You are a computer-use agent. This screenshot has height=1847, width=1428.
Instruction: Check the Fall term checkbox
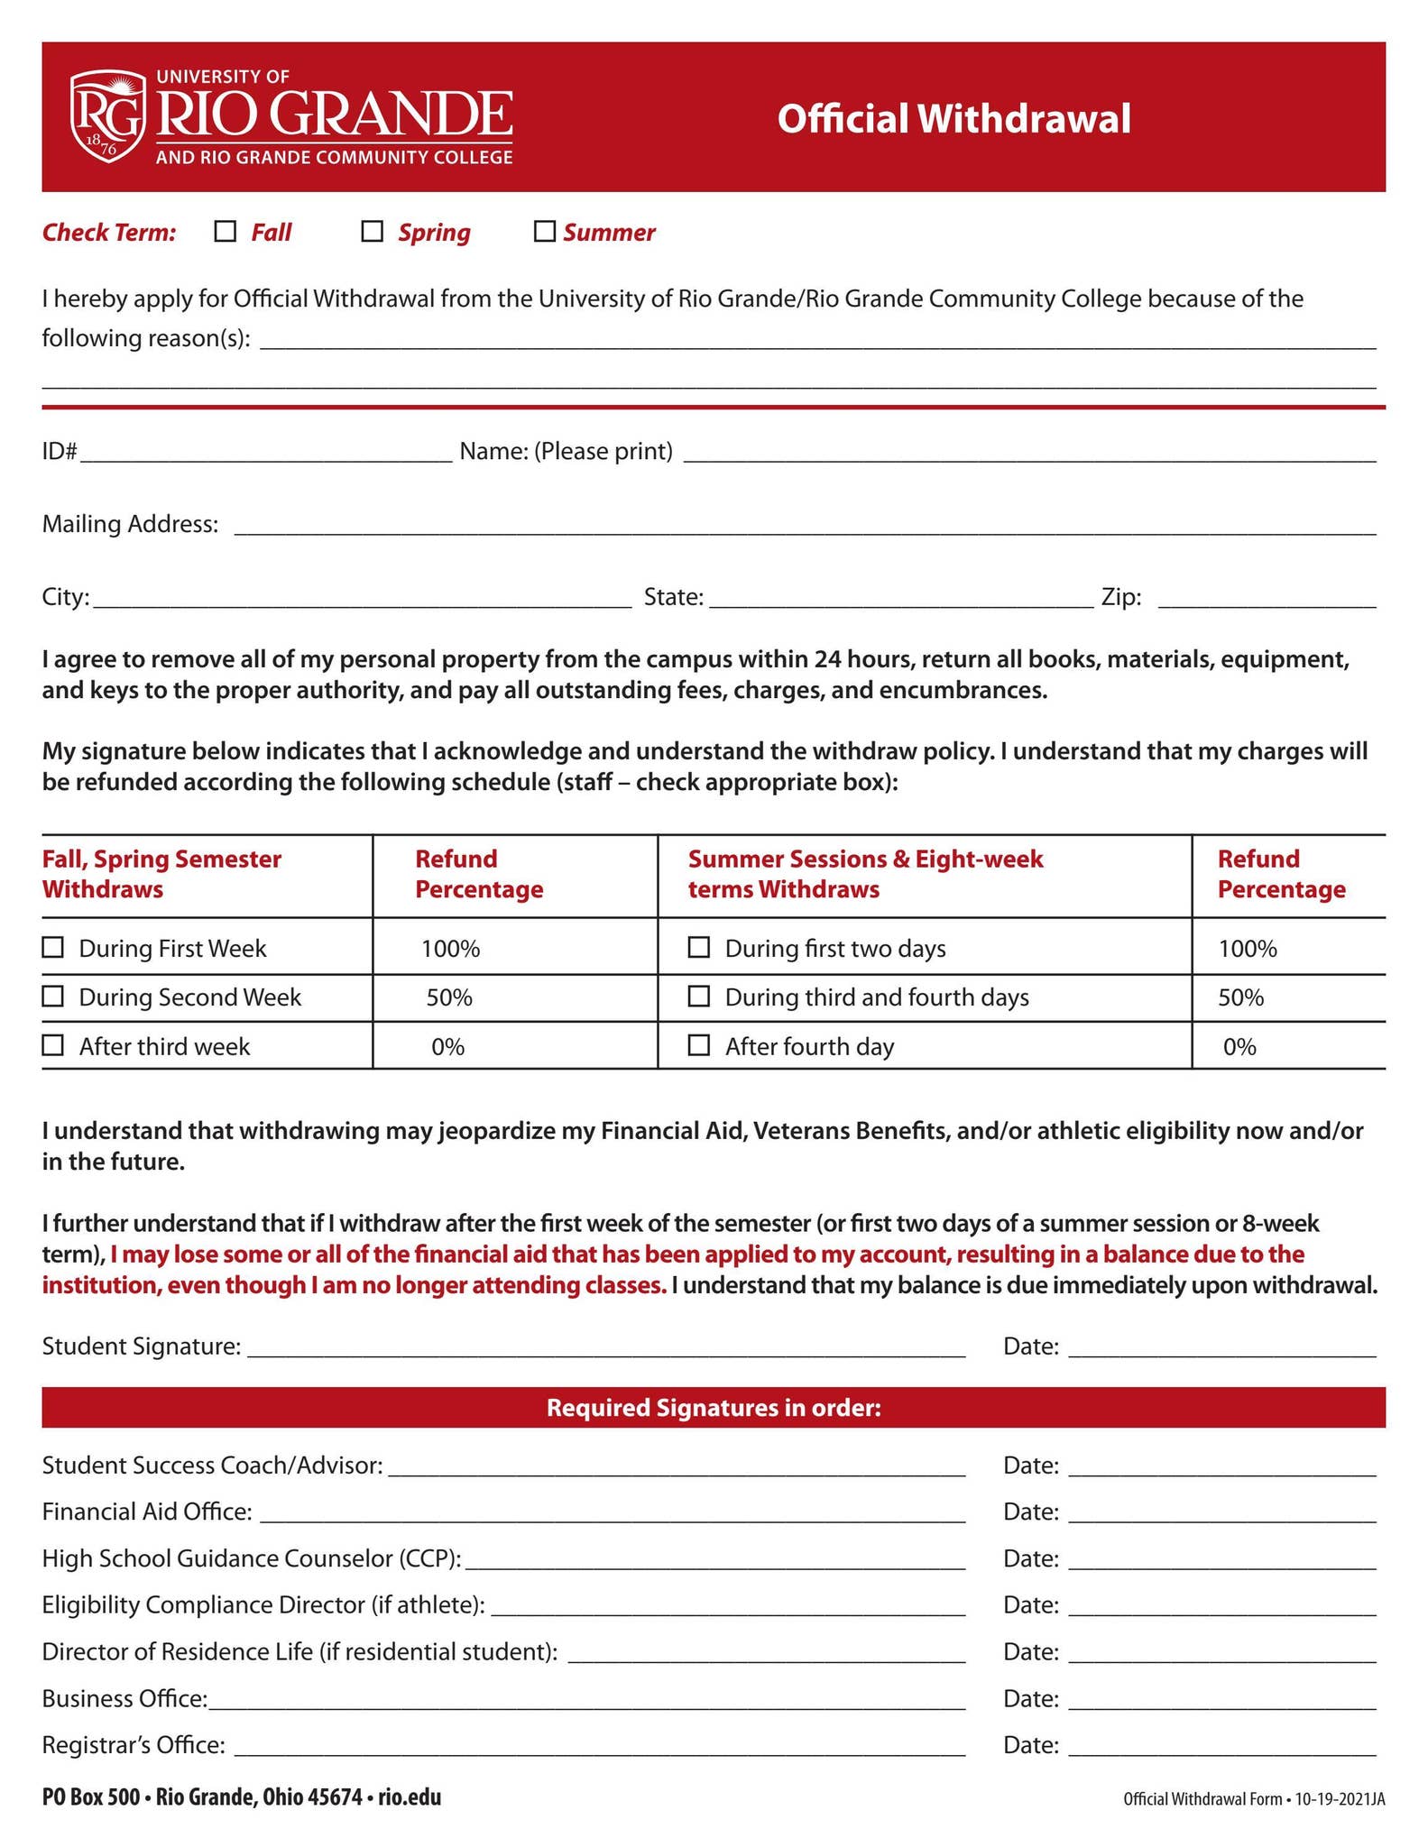pyautogui.click(x=225, y=232)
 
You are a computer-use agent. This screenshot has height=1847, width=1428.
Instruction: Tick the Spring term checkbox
pyautogui.click(x=372, y=232)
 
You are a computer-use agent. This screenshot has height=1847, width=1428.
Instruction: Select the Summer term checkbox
pyautogui.click(x=544, y=232)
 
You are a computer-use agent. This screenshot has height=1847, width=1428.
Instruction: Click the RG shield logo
pyautogui.click(x=108, y=116)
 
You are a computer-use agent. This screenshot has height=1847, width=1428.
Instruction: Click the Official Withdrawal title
pyautogui.click(x=954, y=118)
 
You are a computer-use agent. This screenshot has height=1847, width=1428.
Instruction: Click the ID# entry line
pyautogui.click(x=266, y=453)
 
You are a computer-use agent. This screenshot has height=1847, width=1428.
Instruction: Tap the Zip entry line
pyautogui.click(x=1267, y=599)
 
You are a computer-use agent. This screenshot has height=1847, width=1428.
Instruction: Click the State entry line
pyautogui.click(x=901, y=599)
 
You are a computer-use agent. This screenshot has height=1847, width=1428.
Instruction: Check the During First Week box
pyautogui.click(x=53, y=947)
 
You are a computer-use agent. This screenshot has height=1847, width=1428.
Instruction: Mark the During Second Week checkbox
pyautogui.click(x=53, y=996)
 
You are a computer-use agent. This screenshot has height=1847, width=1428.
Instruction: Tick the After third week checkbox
pyautogui.click(x=53, y=1044)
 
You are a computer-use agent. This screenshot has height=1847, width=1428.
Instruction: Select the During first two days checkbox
pyautogui.click(x=698, y=947)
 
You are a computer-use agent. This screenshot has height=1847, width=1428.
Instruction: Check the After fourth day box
pyautogui.click(x=698, y=1044)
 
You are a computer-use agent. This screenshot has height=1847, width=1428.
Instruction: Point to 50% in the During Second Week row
pyautogui.click(x=449, y=997)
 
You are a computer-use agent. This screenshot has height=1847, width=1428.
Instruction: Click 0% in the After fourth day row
pyautogui.click(x=1239, y=1046)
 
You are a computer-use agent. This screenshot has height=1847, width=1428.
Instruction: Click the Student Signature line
pyautogui.click(x=606, y=1347)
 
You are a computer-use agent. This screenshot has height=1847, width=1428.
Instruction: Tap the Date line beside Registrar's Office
pyautogui.click(x=1222, y=1746)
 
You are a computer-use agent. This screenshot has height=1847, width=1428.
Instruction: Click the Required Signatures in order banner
pyautogui.click(x=714, y=1408)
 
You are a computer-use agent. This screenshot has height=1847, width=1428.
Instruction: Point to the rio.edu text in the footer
pyautogui.click(x=410, y=1797)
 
